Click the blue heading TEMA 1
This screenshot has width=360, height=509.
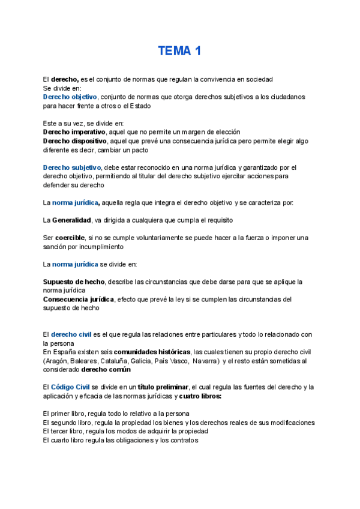tap(179, 51)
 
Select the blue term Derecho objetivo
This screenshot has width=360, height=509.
tap(70, 97)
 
